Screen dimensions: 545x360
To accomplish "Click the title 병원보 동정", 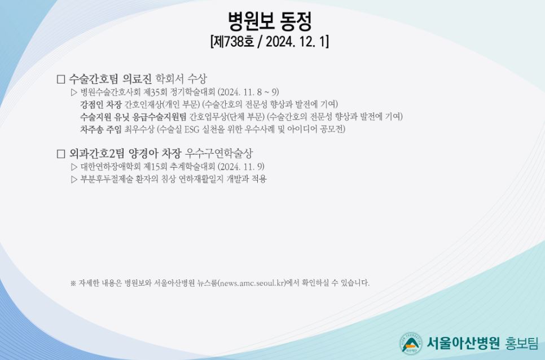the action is pyautogui.click(x=270, y=21).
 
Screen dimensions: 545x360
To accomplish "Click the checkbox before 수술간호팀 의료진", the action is pyautogui.click(x=61, y=79).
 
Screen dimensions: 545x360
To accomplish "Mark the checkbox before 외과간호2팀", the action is pyautogui.click(x=61, y=153).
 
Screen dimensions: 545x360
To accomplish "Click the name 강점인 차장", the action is pyautogui.click(x=101, y=104).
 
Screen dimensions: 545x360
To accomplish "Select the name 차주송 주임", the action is pyautogui.click(x=101, y=129).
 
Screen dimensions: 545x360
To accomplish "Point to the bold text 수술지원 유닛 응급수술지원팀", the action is pyautogui.click(x=134, y=116).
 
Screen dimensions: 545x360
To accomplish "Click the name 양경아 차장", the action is pyautogui.click(x=155, y=153).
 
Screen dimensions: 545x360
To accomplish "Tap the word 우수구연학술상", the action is pyautogui.click(x=219, y=153).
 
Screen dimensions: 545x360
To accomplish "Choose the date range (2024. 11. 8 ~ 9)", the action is pyautogui.click(x=248, y=92).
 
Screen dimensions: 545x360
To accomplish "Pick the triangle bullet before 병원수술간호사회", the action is pyautogui.click(x=74, y=93).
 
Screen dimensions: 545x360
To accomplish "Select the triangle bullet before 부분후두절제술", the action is pyautogui.click(x=74, y=179).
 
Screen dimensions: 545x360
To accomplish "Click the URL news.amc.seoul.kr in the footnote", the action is pyautogui.click(x=253, y=283).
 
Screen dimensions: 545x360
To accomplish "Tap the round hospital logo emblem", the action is pyautogui.click(x=411, y=343).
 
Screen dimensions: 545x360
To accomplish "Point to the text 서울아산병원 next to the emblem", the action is pyautogui.click(x=463, y=343).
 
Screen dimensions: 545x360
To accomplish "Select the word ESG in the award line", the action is pyautogui.click(x=191, y=129).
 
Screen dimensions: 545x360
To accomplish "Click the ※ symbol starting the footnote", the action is pyautogui.click(x=73, y=283).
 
